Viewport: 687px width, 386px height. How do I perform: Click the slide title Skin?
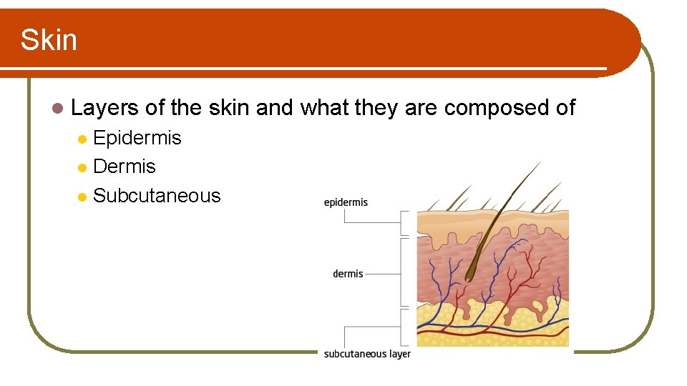click(49, 40)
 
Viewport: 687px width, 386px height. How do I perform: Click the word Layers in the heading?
click(105, 108)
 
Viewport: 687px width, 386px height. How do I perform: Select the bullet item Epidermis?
click(137, 137)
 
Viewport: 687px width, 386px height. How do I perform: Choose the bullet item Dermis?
click(125, 167)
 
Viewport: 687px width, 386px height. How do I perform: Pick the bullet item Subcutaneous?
click(157, 195)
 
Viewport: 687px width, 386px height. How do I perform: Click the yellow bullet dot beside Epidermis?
click(83, 138)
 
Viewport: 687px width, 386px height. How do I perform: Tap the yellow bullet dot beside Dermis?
click(83, 167)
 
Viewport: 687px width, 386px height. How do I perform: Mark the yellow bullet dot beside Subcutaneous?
click(83, 197)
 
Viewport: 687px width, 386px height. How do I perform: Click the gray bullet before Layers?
click(57, 109)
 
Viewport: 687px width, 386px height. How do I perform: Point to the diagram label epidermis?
click(346, 202)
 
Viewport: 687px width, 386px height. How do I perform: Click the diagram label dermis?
click(348, 274)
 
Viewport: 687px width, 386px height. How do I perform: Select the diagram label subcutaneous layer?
click(367, 354)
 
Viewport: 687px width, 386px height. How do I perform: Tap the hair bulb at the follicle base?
click(470, 271)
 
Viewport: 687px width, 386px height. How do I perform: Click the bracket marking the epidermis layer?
click(406, 222)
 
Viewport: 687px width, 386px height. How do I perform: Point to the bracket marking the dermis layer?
click(406, 273)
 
